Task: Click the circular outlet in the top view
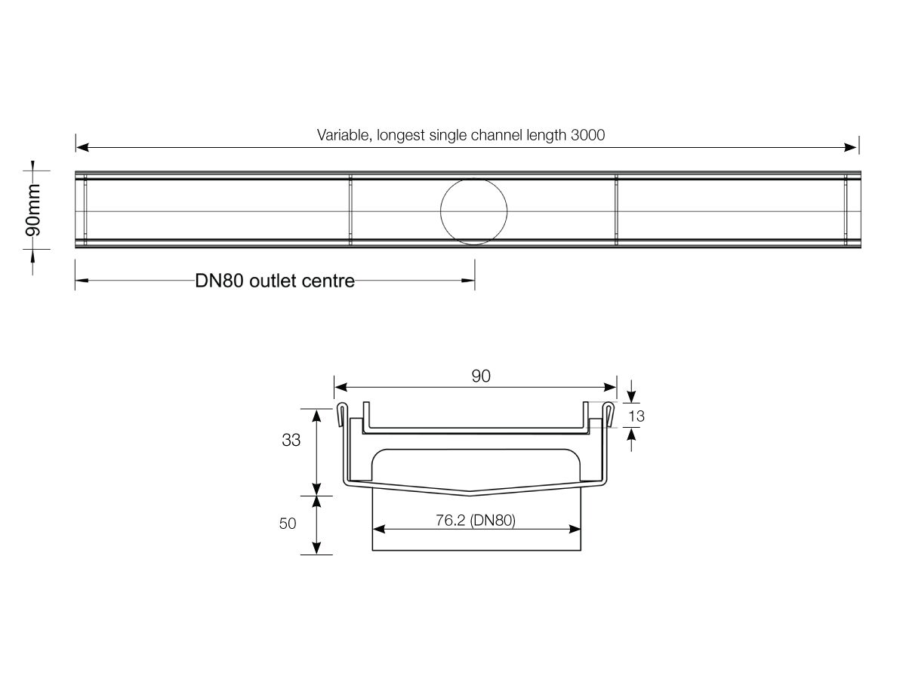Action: pos(473,211)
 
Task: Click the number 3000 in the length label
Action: pos(588,136)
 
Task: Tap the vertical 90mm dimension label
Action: pos(32,210)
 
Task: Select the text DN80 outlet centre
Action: pos(275,281)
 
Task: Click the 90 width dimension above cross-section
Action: pos(481,376)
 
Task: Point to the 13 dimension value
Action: pos(636,416)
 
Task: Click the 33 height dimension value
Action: pos(291,441)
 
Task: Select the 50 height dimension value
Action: pos(288,524)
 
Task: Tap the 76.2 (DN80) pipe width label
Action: pos(476,521)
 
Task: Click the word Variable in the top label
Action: pos(341,136)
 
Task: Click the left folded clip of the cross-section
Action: pos(341,413)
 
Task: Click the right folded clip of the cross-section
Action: pos(609,413)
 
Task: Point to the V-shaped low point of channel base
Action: pos(470,495)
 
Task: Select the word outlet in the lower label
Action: pos(276,281)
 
